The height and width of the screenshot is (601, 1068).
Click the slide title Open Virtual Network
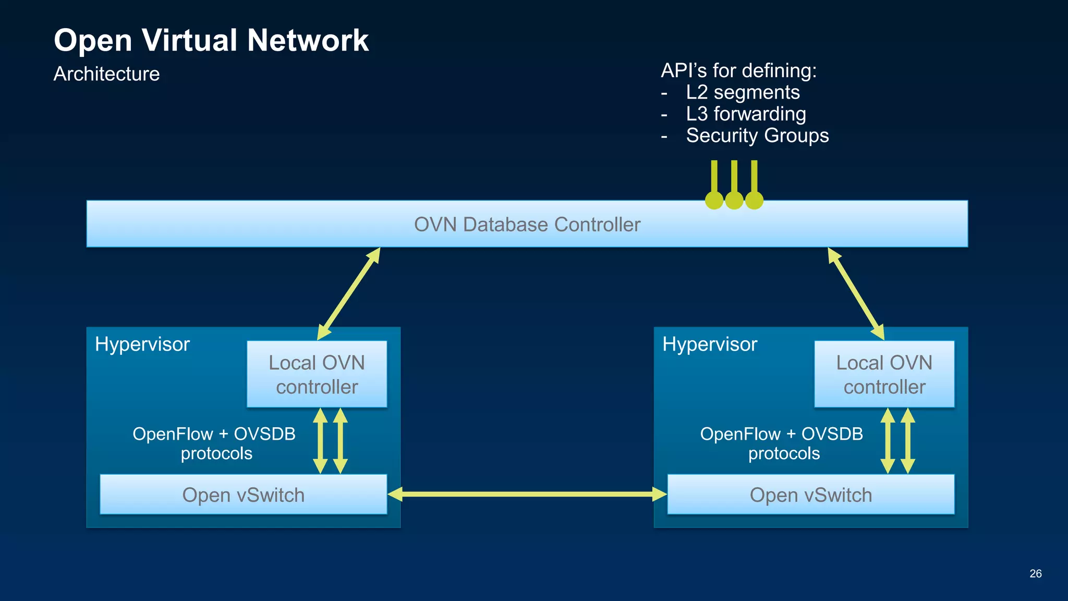[x=211, y=41]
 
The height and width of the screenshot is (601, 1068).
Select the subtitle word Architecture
[x=106, y=74]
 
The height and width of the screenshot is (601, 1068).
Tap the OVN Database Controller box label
[x=527, y=224]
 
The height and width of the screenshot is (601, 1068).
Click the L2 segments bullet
[x=742, y=92]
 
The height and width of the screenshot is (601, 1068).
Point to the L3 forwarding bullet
[x=746, y=114]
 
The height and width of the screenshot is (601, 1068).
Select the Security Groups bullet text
[x=757, y=136]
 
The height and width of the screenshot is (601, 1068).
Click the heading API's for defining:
[x=738, y=70]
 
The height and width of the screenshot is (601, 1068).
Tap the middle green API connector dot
[x=734, y=200]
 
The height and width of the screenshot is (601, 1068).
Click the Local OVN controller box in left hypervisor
[x=317, y=374]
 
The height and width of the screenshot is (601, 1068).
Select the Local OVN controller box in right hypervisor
[x=884, y=374]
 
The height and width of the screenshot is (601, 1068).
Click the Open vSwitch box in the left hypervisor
[x=243, y=495]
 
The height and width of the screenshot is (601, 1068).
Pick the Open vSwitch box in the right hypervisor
[x=810, y=495]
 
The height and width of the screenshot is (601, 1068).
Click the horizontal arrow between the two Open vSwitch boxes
[x=527, y=494]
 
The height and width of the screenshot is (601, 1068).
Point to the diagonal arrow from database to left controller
[x=349, y=294]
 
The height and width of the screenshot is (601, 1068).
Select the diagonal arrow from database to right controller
[x=856, y=294]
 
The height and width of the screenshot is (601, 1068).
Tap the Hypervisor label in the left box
[x=142, y=344]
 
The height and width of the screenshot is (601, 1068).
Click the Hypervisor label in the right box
[x=709, y=344]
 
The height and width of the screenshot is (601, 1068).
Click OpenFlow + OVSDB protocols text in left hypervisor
[x=214, y=443]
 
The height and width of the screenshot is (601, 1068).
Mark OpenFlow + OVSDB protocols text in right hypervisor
[x=782, y=443]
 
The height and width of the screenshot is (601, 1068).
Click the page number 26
[x=1035, y=573]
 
